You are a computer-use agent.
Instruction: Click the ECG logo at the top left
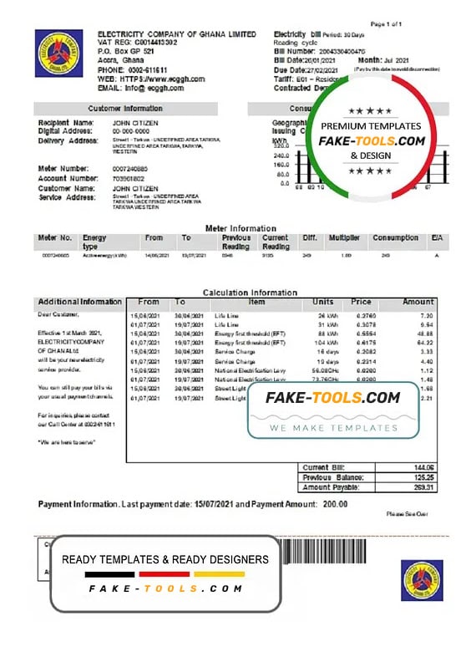(x=53, y=53)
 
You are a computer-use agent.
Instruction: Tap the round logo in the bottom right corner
(x=421, y=579)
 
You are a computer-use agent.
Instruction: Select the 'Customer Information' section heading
(x=125, y=109)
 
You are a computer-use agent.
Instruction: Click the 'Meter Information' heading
(x=241, y=228)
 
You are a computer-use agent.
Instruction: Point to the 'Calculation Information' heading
(x=250, y=293)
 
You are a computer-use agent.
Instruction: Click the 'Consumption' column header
(x=395, y=238)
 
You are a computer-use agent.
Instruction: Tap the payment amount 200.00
(x=331, y=505)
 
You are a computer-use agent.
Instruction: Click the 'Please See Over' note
(x=407, y=514)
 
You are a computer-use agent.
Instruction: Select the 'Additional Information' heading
(x=80, y=302)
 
